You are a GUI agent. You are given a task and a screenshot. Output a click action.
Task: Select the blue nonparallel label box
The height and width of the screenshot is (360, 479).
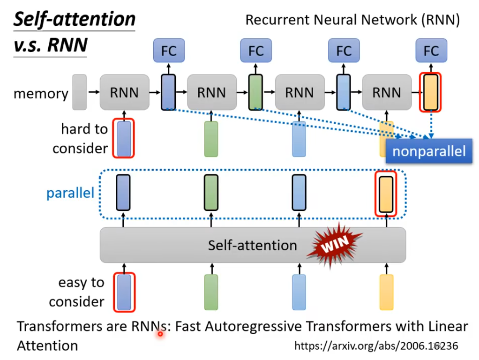tap(428, 151)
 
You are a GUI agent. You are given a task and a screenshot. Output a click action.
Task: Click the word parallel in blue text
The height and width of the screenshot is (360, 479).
tap(70, 193)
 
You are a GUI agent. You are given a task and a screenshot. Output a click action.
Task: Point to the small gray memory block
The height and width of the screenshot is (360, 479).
tap(79, 92)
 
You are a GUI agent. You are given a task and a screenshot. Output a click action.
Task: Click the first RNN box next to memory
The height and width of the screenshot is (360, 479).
tap(124, 92)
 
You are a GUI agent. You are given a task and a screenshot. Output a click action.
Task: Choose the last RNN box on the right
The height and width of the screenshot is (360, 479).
tap(387, 92)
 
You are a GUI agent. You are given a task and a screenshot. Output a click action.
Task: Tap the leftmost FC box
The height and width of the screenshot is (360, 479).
tap(169, 51)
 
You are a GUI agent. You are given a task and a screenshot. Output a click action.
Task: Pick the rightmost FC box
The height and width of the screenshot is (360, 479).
tap(431, 51)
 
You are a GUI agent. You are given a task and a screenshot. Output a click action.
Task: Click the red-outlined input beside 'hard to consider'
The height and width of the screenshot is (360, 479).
tap(124, 138)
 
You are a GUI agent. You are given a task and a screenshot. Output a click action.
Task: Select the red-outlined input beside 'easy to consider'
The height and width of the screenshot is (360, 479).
tap(124, 292)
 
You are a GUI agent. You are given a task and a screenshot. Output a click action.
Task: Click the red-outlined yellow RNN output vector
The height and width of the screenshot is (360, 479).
tap(430, 92)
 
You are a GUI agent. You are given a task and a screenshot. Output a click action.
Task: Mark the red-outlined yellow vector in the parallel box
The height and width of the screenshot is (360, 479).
tap(386, 193)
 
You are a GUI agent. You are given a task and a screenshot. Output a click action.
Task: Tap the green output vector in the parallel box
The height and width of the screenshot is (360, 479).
tap(211, 192)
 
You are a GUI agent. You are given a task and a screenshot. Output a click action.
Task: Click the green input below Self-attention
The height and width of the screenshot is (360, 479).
tap(211, 292)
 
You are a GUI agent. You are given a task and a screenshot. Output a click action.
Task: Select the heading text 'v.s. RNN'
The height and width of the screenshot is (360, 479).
tap(50, 45)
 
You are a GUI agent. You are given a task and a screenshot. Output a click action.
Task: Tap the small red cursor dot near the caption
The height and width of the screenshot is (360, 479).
tap(160, 334)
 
